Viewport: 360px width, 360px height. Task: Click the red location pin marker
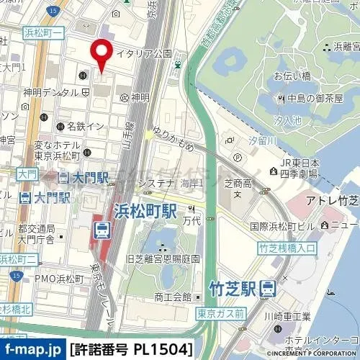click(101, 54)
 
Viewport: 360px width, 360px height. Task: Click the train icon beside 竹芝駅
click(269, 289)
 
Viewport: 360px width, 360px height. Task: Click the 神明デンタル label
click(50, 93)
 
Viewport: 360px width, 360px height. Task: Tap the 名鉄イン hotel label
click(86, 126)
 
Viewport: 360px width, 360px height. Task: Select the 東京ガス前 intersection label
click(220, 313)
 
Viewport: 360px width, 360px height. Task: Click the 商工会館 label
click(172, 297)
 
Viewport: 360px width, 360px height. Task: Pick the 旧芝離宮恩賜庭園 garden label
click(162, 258)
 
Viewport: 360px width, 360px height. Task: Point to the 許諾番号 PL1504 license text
click(132, 350)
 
